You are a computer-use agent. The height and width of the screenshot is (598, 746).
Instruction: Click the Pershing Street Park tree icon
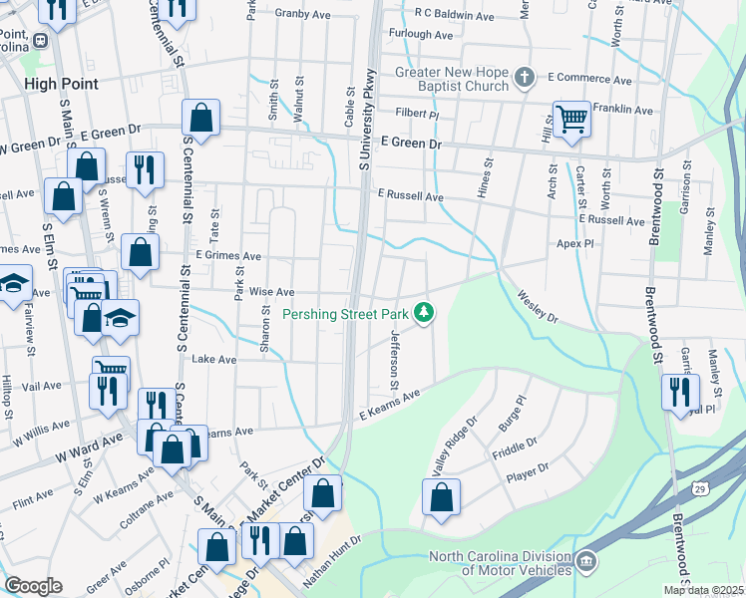[x=425, y=314]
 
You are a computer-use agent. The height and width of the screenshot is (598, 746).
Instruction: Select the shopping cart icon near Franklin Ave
[x=572, y=120]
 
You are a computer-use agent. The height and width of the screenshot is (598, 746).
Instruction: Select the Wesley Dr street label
[x=538, y=306]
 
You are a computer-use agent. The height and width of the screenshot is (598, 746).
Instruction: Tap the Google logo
[x=33, y=586]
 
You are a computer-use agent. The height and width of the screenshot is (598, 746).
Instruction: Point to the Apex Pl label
[x=574, y=243]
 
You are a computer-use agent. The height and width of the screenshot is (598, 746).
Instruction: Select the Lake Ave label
[x=212, y=359]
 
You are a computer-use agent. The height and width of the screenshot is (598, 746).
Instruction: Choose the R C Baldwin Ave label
[x=456, y=17]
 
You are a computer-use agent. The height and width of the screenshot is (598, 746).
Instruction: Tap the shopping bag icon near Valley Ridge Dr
[x=441, y=498]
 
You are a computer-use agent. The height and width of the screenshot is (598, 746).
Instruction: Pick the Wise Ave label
[x=271, y=292]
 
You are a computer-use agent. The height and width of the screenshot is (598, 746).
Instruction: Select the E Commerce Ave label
[x=589, y=79]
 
